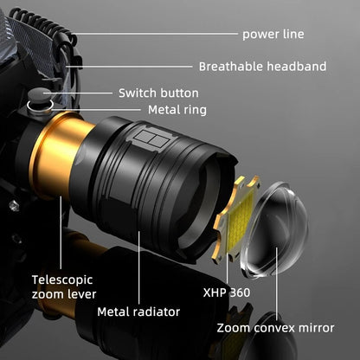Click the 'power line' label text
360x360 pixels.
[273, 35]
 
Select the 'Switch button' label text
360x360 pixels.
[158, 93]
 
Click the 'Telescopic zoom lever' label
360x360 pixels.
[61, 287]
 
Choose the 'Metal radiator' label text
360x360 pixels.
[138, 312]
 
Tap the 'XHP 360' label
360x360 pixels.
[226, 292]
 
